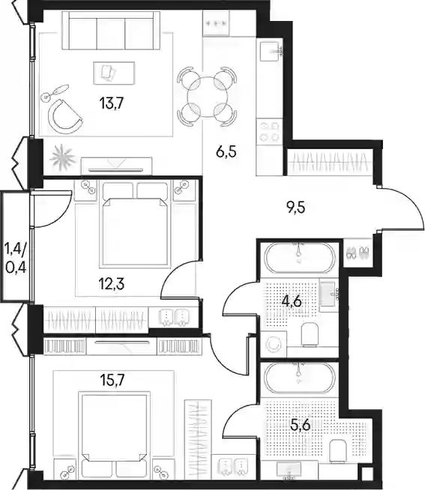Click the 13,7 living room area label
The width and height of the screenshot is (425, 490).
(x=112, y=103)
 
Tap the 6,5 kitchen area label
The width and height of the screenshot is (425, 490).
(x=226, y=153)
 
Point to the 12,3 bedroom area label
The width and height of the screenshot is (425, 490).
(x=112, y=285)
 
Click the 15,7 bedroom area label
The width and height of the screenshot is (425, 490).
(x=112, y=380)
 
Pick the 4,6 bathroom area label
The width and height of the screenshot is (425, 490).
(x=291, y=302)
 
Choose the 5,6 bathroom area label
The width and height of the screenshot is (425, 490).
(x=300, y=425)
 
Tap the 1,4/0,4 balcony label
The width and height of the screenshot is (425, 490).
(x=15, y=258)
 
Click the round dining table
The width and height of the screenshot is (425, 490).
(x=208, y=97)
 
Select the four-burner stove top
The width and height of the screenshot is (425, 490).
(x=270, y=132)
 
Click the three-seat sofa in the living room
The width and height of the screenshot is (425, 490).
(x=111, y=30)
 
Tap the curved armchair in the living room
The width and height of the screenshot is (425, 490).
(x=65, y=115)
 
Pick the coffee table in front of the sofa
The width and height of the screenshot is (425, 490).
(x=114, y=73)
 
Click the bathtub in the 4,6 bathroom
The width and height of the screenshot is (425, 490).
(x=300, y=258)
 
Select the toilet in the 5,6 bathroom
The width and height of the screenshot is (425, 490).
(x=338, y=450)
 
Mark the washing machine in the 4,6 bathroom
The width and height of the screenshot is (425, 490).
(x=274, y=345)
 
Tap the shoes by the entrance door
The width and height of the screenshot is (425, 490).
(x=357, y=252)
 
